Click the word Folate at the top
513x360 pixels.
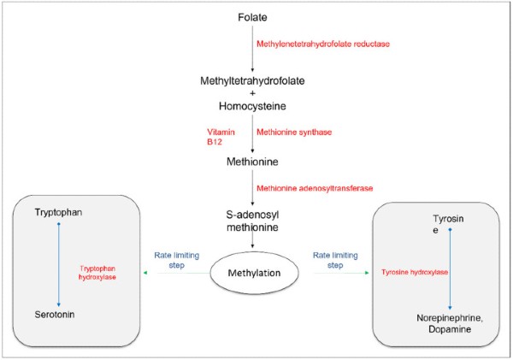(252, 17)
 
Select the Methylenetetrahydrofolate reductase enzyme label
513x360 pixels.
(323, 44)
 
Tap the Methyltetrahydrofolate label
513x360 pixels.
(252, 81)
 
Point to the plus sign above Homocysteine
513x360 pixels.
(252, 93)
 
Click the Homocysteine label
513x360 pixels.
(252, 106)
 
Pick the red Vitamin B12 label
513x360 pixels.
(221, 137)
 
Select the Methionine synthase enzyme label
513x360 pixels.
(294, 133)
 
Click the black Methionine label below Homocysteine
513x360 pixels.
(252, 162)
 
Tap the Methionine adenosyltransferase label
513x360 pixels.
(315, 188)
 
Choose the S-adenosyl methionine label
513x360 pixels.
(252, 221)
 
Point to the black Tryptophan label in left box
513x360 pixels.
(58, 212)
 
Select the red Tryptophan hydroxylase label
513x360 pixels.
(97, 273)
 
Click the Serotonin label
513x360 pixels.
(55, 315)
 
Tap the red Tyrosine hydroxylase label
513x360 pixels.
(415, 272)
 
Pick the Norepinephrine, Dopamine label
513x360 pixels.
(450, 323)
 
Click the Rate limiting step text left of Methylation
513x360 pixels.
(177, 260)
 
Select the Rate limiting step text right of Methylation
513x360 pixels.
(335, 260)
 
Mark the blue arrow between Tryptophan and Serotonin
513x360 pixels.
(59, 264)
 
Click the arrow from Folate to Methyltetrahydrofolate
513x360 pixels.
(252, 49)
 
